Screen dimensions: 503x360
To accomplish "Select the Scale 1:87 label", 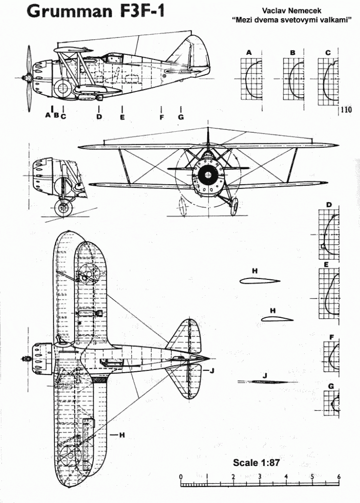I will [256, 463].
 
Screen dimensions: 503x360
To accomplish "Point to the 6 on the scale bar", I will [338, 476].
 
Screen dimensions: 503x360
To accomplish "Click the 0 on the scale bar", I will [180, 476].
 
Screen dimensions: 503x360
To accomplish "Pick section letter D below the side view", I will [99, 117].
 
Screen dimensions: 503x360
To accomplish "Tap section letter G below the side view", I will [181, 117].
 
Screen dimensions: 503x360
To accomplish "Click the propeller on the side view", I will [29, 76].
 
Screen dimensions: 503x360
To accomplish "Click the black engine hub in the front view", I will [207, 175].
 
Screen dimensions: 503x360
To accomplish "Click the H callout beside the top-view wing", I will [121, 435].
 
